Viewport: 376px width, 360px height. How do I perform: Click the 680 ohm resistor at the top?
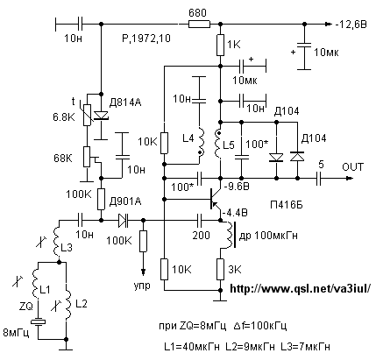click(199, 24)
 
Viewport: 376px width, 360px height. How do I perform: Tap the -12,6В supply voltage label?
click(351, 25)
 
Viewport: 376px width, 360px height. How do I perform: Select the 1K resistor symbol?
click(220, 45)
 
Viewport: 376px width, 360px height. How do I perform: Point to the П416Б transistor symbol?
click(216, 199)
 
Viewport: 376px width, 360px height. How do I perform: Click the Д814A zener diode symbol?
click(102, 116)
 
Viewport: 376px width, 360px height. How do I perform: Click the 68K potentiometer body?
click(87, 157)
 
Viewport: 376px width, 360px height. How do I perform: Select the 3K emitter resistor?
click(220, 269)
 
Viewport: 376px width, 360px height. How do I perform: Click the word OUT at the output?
click(353, 166)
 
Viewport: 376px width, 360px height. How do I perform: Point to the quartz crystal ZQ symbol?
click(39, 321)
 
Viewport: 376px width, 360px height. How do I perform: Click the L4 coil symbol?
click(201, 142)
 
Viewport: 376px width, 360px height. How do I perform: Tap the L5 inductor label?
click(229, 145)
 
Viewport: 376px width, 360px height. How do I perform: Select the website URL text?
click(301, 288)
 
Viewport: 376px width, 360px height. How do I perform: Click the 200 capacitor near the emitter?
click(200, 221)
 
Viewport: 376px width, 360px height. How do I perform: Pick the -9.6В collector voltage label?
click(237, 187)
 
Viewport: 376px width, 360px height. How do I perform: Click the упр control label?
click(142, 286)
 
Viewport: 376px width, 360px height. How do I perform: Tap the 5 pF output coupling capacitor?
click(319, 178)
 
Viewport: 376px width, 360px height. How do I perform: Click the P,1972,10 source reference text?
click(146, 39)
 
